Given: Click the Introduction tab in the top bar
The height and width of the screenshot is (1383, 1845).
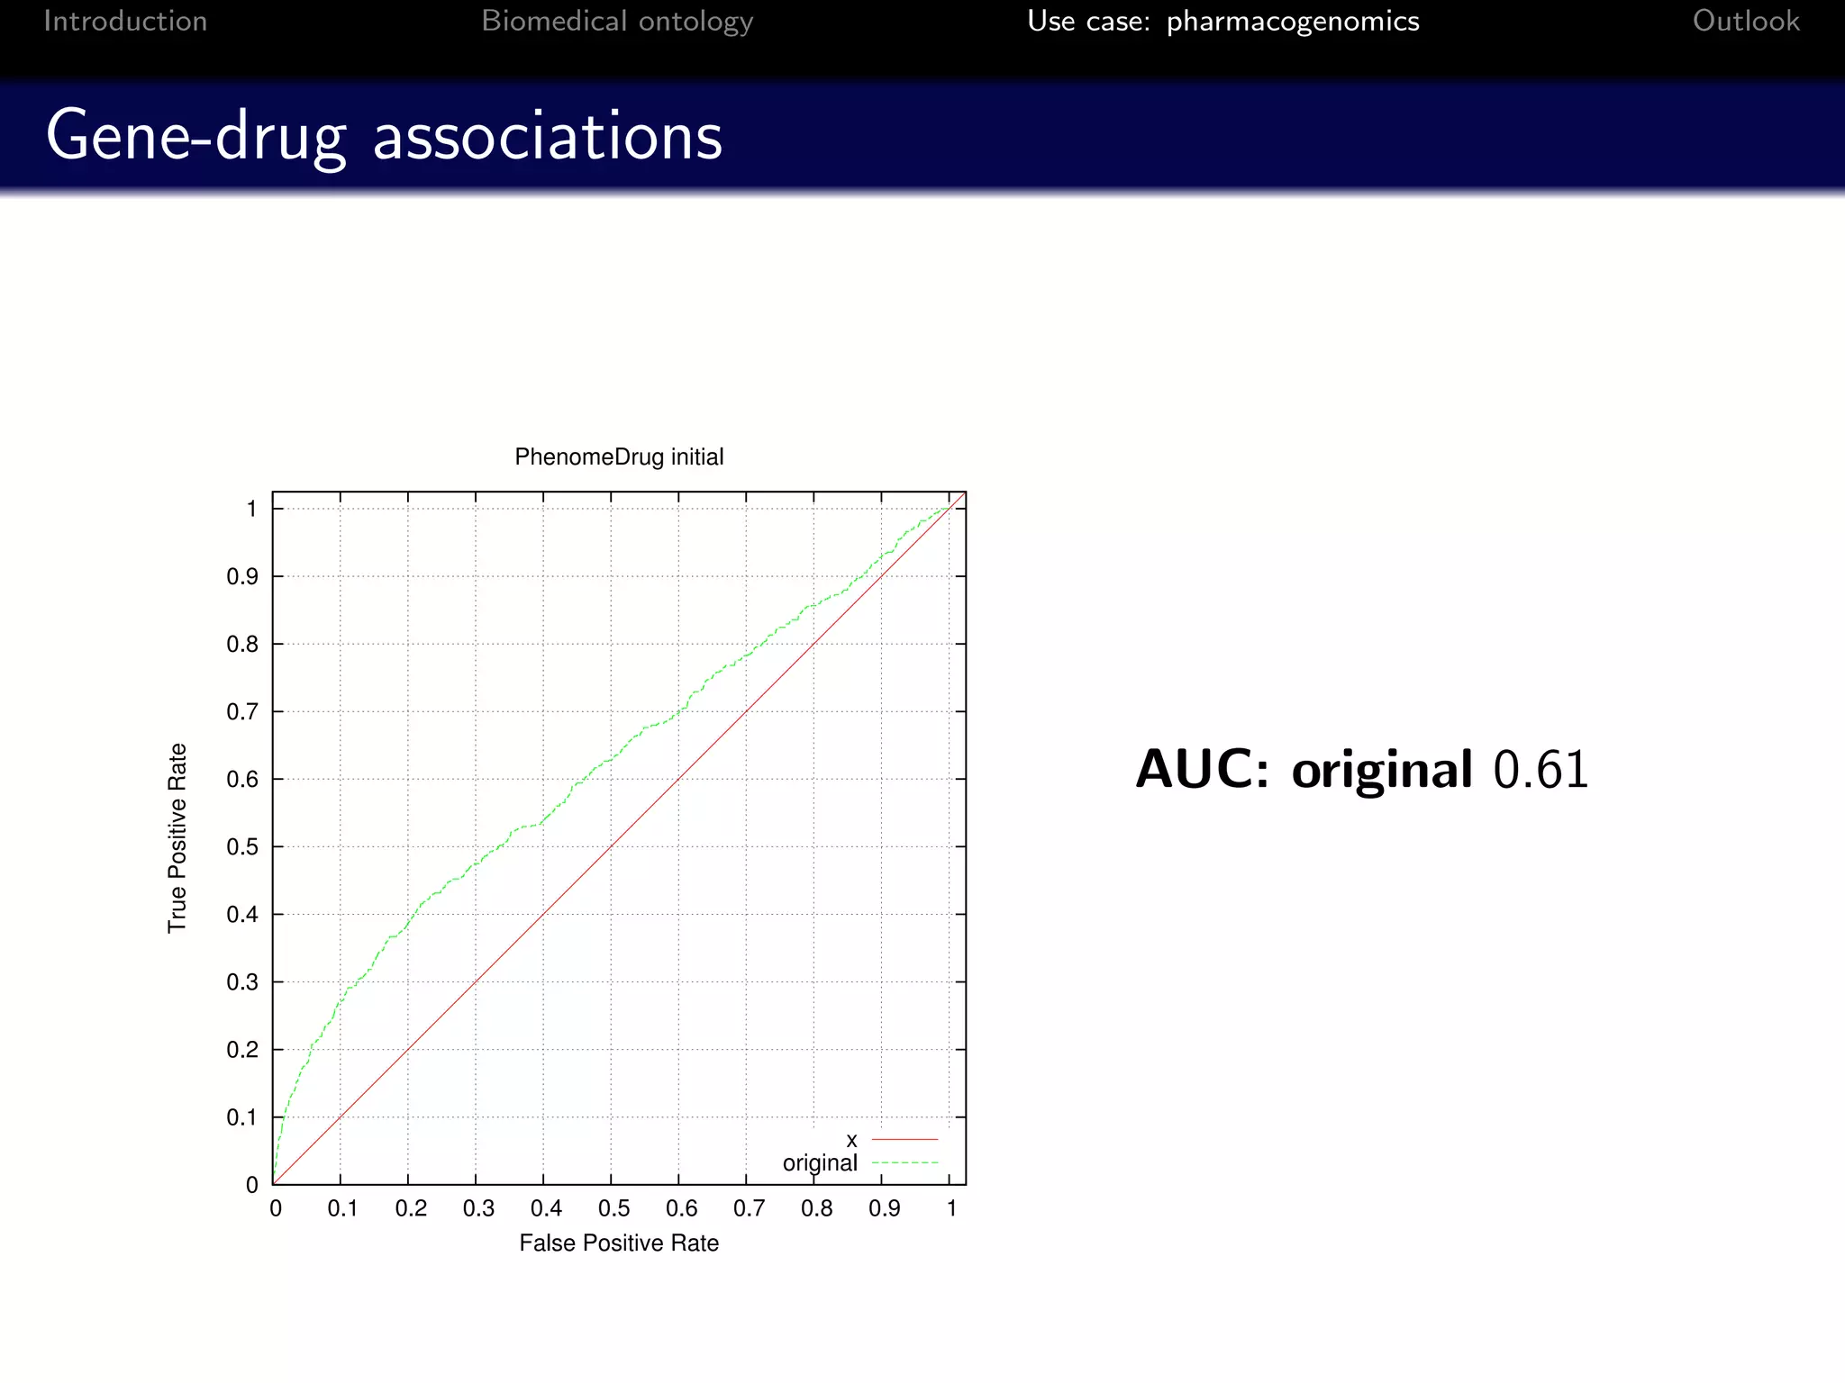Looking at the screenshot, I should pyautogui.click(x=125, y=21).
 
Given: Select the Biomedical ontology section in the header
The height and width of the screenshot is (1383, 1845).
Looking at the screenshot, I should pyautogui.click(x=617, y=21).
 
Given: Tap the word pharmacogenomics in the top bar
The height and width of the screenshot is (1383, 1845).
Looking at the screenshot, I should pyautogui.click(x=1293, y=21).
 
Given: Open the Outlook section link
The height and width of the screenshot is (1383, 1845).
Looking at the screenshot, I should pyautogui.click(x=1746, y=21).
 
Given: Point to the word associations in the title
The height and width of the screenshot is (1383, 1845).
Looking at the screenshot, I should pyautogui.click(x=548, y=137).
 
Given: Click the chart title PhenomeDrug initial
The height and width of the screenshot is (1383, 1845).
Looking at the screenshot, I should pyautogui.click(x=619, y=457).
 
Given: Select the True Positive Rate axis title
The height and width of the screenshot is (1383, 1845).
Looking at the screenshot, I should pyautogui.click(x=177, y=837).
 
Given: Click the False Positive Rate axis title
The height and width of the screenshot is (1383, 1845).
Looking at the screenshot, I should pyautogui.click(x=619, y=1243).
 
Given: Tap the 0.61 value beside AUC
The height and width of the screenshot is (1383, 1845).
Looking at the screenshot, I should pyautogui.click(x=1541, y=770).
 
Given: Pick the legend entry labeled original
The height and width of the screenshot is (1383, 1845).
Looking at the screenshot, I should pyautogui.click(x=820, y=1163).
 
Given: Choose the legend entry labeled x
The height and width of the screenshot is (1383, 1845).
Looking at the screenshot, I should pyautogui.click(x=851, y=1141).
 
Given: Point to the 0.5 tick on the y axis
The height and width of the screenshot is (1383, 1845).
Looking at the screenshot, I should pyautogui.click(x=242, y=847).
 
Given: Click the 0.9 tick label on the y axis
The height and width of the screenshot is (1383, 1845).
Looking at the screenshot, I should pyautogui.click(x=242, y=576).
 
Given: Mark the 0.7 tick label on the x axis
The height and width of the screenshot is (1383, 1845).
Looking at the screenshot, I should pyautogui.click(x=749, y=1208).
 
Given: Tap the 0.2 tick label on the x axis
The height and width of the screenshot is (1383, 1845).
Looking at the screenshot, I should pyautogui.click(x=411, y=1208).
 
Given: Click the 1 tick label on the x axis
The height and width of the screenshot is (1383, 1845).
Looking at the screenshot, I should pyautogui.click(x=951, y=1208).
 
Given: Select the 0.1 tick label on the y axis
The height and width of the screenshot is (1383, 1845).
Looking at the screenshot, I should pyautogui.click(x=242, y=1117).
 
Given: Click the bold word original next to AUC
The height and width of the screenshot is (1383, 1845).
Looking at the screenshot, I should pyautogui.click(x=1382, y=770).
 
